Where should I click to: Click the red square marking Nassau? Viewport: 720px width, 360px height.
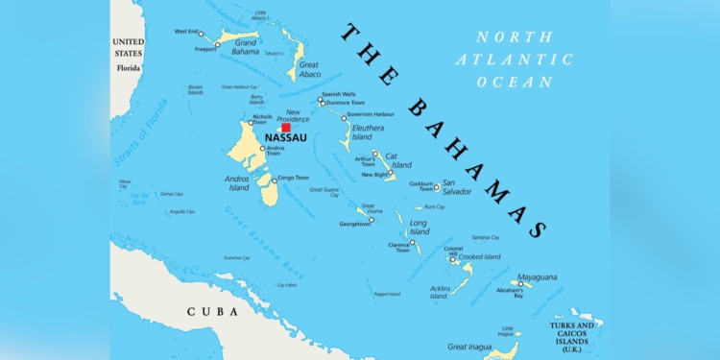tap(285, 128)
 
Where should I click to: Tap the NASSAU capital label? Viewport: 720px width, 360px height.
tap(285, 138)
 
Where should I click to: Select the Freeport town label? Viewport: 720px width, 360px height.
tap(206, 49)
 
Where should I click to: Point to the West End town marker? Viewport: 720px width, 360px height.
tap(201, 35)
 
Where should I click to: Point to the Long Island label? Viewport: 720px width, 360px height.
tap(420, 227)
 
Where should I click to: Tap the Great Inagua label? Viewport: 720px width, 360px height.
tap(470, 347)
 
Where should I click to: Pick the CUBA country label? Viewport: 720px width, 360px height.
tap(212, 311)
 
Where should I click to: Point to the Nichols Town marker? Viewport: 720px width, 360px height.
tap(252, 123)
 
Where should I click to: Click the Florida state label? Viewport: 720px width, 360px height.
tap(128, 68)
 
